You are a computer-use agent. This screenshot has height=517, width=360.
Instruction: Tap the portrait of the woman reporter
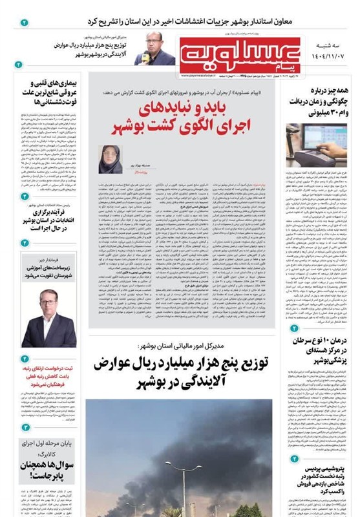(x=107, y=158)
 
